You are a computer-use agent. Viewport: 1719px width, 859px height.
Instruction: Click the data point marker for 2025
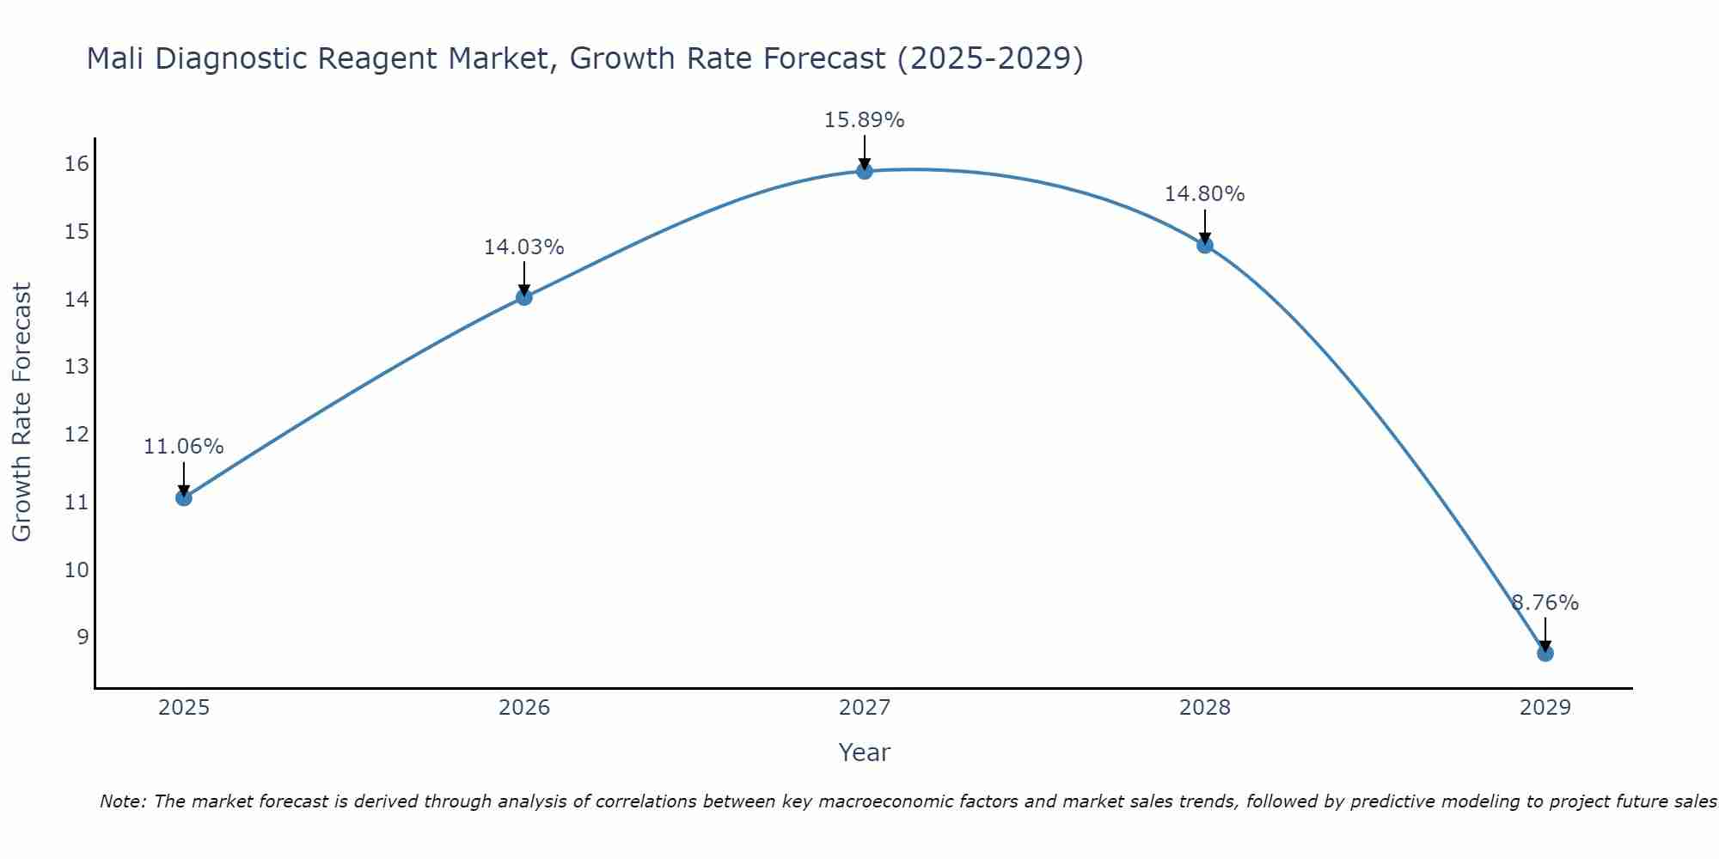click(183, 497)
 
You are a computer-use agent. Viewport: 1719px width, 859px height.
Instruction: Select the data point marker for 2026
click(524, 297)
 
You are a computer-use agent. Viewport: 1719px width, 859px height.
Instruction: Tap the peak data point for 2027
click(865, 171)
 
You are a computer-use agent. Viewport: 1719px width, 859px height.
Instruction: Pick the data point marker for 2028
click(1205, 245)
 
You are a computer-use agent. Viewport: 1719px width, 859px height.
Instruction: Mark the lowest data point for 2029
click(1545, 654)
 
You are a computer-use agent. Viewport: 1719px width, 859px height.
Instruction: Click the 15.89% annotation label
click(864, 120)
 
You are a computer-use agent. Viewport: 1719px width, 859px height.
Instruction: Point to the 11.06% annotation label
click(183, 447)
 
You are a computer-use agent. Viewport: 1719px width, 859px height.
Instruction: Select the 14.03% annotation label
click(523, 247)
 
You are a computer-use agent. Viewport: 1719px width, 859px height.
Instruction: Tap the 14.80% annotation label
click(1204, 194)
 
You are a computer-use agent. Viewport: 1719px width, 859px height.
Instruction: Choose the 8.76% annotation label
click(1545, 603)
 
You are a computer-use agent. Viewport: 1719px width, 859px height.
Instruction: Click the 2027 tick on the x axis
click(865, 708)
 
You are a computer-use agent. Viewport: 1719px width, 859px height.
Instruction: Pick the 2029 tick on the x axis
click(1545, 708)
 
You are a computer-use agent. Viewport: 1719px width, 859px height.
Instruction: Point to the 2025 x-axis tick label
click(184, 708)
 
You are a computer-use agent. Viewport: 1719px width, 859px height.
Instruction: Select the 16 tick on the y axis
click(76, 164)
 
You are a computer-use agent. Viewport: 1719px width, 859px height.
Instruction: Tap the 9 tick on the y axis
click(83, 637)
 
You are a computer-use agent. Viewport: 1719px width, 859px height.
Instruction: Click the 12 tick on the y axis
click(76, 435)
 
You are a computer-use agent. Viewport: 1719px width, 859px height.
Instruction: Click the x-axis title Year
click(864, 752)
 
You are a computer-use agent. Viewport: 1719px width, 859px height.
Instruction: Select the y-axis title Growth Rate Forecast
click(21, 411)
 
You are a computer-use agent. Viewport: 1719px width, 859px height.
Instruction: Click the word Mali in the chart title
click(116, 58)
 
